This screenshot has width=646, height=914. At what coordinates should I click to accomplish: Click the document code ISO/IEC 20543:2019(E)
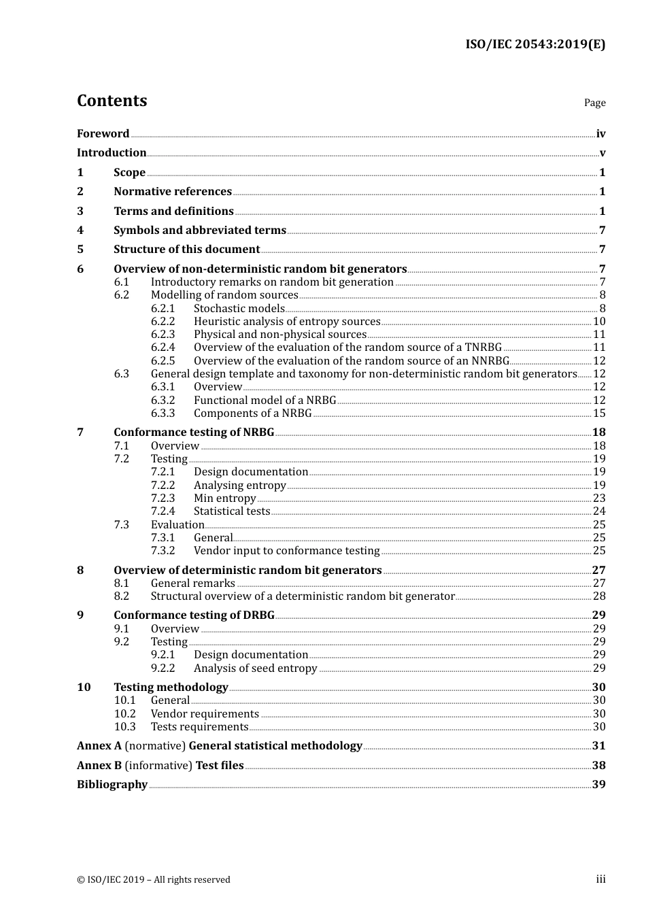click(x=535, y=45)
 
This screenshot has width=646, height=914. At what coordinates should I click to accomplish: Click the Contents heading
click(x=112, y=101)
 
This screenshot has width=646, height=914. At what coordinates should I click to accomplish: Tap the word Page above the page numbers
click(x=594, y=103)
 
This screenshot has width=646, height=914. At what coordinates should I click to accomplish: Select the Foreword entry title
click(x=103, y=134)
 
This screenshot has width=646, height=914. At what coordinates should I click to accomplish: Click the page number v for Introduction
click(x=602, y=153)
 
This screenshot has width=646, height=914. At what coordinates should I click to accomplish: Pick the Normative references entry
click(x=173, y=192)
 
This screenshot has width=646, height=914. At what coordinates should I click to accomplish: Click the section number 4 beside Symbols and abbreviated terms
click(x=80, y=231)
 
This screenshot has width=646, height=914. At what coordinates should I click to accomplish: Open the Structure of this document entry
click(x=186, y=250)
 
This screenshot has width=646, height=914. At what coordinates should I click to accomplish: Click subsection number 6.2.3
click(x=163, y=335)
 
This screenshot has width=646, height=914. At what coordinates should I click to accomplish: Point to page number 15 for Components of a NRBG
click(x=599, y=413)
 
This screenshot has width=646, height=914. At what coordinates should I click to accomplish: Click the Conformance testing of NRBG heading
click(x=194, y=433)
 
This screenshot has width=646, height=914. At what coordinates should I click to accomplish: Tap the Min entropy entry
click(x=224, y=498)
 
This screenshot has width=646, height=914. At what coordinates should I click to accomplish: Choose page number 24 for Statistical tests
click(x=599, y=511)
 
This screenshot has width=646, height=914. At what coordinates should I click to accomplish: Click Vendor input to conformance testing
click(x=286, y=551)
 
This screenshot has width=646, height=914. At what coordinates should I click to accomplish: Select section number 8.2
click(x=122, y=596)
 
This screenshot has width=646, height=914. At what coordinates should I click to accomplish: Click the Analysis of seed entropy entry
click(x=255, y=668)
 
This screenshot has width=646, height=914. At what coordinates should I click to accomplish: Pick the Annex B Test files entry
click(x=160, y=766)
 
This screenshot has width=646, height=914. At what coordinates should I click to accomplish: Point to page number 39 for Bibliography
click(x=598, y=785)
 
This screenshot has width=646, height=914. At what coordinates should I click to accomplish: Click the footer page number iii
click(x=600, y=879)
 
